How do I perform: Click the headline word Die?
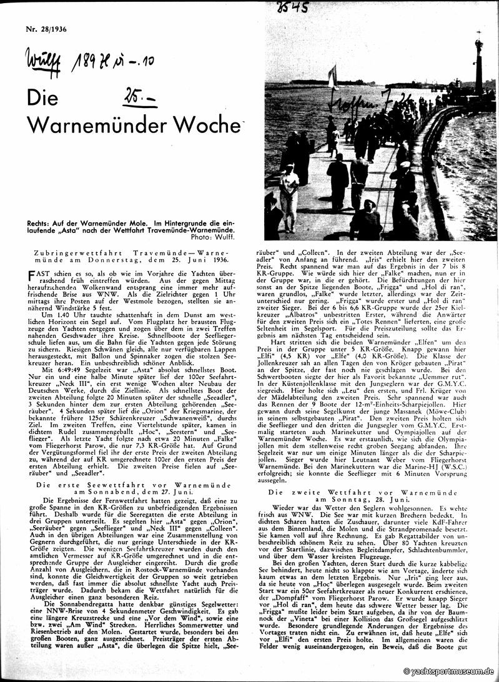click(42, 99)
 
